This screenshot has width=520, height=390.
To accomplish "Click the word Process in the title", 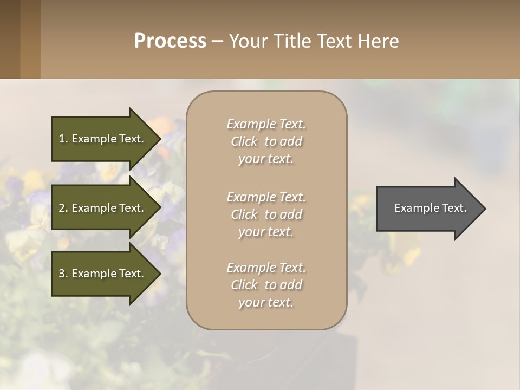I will tap(170, 41).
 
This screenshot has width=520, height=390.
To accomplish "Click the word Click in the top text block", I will tap(244, 141).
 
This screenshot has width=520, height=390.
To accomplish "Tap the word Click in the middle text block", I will tap(244, 214).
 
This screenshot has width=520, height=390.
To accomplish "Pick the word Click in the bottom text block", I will tap(244, 285).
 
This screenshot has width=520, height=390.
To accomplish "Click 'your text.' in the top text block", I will tap(266, 159).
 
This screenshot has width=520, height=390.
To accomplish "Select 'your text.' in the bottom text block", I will tap(266, 303).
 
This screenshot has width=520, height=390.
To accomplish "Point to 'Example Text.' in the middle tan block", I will tap(266, 197).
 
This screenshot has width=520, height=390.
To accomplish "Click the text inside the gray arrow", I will tap(430, 208).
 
